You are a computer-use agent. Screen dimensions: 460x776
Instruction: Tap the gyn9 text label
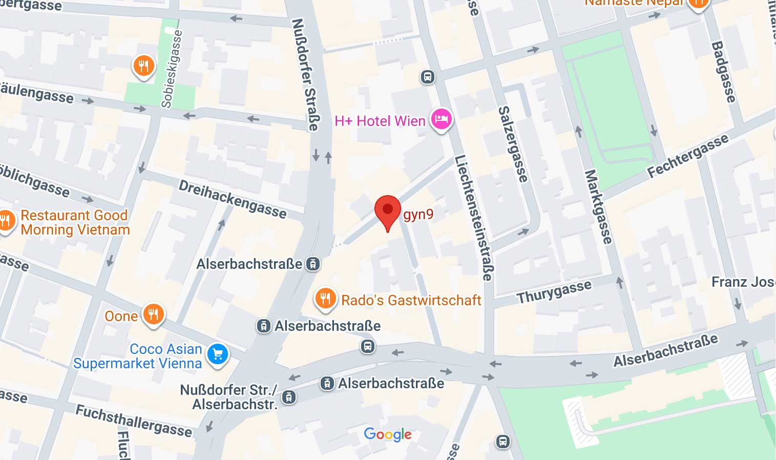418,214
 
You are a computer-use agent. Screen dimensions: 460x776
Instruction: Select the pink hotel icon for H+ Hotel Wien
441,120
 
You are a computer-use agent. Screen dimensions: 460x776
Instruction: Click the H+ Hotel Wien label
380,121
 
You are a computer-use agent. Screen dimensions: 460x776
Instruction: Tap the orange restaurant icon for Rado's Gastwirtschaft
325,298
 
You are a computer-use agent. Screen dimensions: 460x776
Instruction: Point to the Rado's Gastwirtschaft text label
411,300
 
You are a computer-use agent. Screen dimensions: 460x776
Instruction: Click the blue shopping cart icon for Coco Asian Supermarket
218,354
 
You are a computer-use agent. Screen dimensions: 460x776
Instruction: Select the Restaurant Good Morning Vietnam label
75,222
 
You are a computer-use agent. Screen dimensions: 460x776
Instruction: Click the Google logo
388,434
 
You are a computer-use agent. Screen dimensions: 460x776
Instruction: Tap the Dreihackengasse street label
233,199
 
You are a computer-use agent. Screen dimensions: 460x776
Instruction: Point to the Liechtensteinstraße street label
473,218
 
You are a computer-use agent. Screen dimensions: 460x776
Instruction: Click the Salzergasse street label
513,144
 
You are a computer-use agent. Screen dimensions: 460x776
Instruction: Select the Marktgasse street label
598,206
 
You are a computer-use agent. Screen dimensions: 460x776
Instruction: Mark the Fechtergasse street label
687,156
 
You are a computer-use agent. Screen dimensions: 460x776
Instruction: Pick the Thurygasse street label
554,292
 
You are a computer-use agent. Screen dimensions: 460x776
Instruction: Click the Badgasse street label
724,72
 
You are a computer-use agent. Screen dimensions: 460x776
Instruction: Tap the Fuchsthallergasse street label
134,421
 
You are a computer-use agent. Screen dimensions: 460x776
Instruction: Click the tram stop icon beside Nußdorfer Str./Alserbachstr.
289,397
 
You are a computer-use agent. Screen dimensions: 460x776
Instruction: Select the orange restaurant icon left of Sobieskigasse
144,66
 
